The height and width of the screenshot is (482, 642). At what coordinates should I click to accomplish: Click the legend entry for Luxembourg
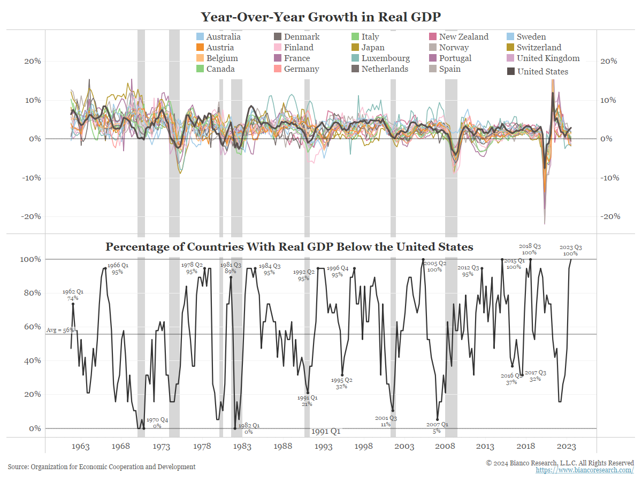coord(385,58)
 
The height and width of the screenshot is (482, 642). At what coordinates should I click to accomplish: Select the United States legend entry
coord(542,72)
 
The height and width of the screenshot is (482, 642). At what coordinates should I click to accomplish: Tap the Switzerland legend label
coord(539,48)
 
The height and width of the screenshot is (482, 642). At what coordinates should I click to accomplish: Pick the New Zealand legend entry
coord(463,37)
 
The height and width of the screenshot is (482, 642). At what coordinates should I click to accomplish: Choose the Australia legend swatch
coord(200,37)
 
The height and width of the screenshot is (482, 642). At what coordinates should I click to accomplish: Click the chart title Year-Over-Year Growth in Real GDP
coord(321,17)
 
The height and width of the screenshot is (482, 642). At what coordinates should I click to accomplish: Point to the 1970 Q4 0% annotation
coord(157,423)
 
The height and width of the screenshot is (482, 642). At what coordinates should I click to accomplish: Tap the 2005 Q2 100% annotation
coord(434,267)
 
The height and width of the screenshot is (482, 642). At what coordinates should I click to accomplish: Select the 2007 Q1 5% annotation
coord(438,427)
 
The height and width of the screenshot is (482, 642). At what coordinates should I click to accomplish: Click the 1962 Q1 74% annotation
coord(73,295)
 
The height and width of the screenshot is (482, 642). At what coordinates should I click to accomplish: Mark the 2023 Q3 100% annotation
coord(570,250)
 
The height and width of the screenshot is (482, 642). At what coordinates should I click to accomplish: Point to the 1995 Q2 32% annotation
coord(341,383)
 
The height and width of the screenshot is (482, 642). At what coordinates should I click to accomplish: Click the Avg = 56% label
coord(59,330)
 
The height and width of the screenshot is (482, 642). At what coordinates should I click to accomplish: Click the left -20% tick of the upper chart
coord(32,216)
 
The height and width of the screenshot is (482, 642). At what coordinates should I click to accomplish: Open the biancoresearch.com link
coord(584,470)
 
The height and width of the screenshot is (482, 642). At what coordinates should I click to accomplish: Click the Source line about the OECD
coord(102,467)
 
